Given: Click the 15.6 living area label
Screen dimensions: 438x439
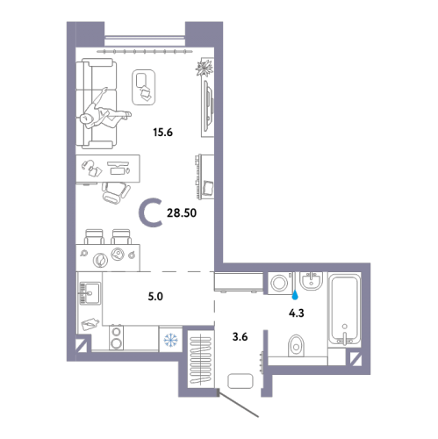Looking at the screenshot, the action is tap(162, 133).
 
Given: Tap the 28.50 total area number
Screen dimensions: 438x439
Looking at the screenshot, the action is tap(182, 213).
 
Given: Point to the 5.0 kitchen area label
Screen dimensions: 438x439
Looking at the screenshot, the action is tap(155, 297).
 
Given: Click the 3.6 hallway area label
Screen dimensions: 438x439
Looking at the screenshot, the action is tap(240, 337).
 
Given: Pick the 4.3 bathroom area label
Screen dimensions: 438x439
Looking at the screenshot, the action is tap(297, 313).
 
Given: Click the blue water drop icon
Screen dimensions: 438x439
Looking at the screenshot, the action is tap(296, 295).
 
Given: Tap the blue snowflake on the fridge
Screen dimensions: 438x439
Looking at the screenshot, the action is tap(170, 340).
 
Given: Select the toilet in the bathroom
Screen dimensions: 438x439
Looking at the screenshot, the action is tap(296, 346).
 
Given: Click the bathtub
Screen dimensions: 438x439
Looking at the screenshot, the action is tap(344, 309).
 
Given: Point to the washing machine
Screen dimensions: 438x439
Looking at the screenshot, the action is tap(281, 283).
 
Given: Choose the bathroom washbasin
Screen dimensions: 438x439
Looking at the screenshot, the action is tap(311, 281).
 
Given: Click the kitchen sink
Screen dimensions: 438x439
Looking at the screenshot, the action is tap(90, 293).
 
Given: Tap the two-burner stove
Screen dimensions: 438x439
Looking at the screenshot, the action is tap(116, 338).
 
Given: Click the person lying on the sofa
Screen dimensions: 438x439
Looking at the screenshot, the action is tap(104, 112).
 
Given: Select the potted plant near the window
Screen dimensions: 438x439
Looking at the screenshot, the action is tap(204, 68).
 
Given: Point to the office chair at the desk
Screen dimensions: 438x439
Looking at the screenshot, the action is tap(115, 192).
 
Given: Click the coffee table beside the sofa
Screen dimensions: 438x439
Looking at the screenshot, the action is tap(143, 87).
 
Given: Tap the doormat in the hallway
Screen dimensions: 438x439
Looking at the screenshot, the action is tap(240, 381).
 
